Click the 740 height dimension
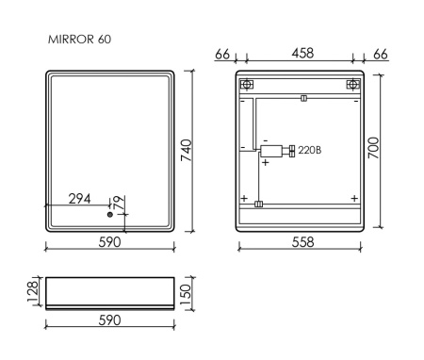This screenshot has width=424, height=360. click(187, 149)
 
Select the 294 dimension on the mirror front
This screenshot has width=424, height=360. click(80, 199)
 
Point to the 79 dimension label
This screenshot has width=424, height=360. click(119, 202)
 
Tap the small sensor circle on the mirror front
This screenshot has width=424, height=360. click(110, 216)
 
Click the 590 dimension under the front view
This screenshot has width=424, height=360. click(109, 242)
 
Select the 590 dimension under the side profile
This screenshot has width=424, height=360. click(109, 320)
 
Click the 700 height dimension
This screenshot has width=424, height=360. click(374, 148)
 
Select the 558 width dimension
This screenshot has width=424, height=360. click(300, 242)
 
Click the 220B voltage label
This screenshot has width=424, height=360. click(311, 151)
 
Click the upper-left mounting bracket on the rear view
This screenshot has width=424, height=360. click(248, 85)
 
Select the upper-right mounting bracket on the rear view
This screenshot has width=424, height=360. click(353, 85)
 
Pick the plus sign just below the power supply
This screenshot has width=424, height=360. click(266, 162)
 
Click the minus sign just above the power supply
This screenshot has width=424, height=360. click(266, 139)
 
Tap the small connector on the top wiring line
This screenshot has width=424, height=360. click(302, 97)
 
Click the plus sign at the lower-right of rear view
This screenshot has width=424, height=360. click(353, 198)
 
